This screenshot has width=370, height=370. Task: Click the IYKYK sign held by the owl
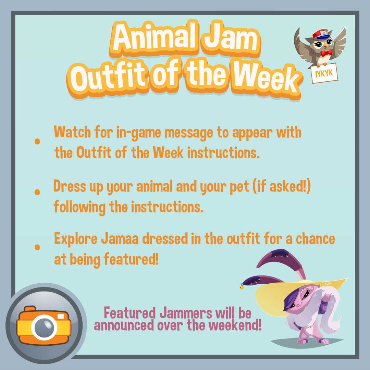[324, 73]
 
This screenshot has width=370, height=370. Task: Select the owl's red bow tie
[326, 53]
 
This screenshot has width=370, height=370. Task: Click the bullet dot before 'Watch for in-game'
[37, 141]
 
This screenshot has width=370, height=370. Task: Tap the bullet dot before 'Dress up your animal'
[37, 192]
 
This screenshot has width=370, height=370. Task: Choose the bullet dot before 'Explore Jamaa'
[37, 247]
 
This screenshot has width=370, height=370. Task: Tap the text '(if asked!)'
[282, 186]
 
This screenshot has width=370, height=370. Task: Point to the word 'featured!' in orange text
[131, 259]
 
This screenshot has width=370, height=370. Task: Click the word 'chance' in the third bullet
[316, 239]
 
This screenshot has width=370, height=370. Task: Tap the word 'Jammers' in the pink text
[186, 313]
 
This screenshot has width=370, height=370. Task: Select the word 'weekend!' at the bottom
[235, 325]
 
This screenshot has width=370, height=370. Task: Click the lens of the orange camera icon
[44, 327]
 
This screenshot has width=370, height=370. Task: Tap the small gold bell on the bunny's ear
[241, 287]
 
